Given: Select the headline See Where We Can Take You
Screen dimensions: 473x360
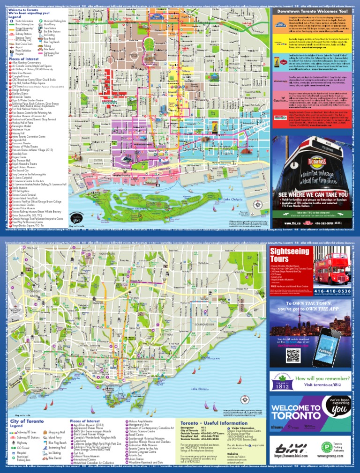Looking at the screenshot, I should pos(313,194).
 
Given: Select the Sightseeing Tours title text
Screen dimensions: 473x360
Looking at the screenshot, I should pos(286,256).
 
